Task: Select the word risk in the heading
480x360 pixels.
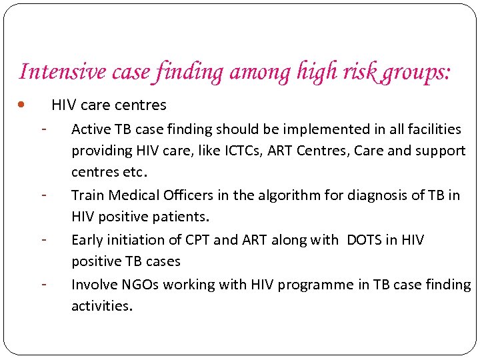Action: tap(358, 71)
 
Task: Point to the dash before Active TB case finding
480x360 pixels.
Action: tap(43, 127)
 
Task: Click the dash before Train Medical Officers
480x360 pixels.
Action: tap(43, 195)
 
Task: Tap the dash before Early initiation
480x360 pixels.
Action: tap(43, 239)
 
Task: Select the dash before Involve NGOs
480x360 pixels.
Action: tap(43, 283)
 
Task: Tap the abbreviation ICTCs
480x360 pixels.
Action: tap(238, 151)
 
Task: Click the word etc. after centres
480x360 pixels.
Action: tap(133, 173)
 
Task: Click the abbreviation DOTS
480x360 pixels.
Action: tap(365, 240)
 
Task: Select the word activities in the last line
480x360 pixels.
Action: tap(102, 307)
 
